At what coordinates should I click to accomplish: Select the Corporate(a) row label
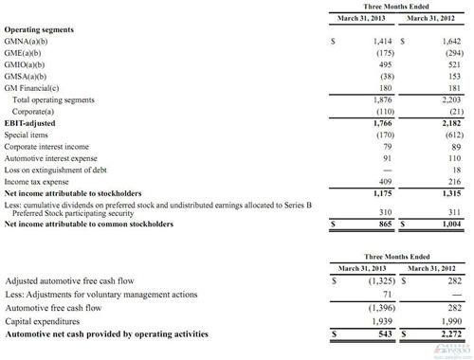[38, 124]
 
